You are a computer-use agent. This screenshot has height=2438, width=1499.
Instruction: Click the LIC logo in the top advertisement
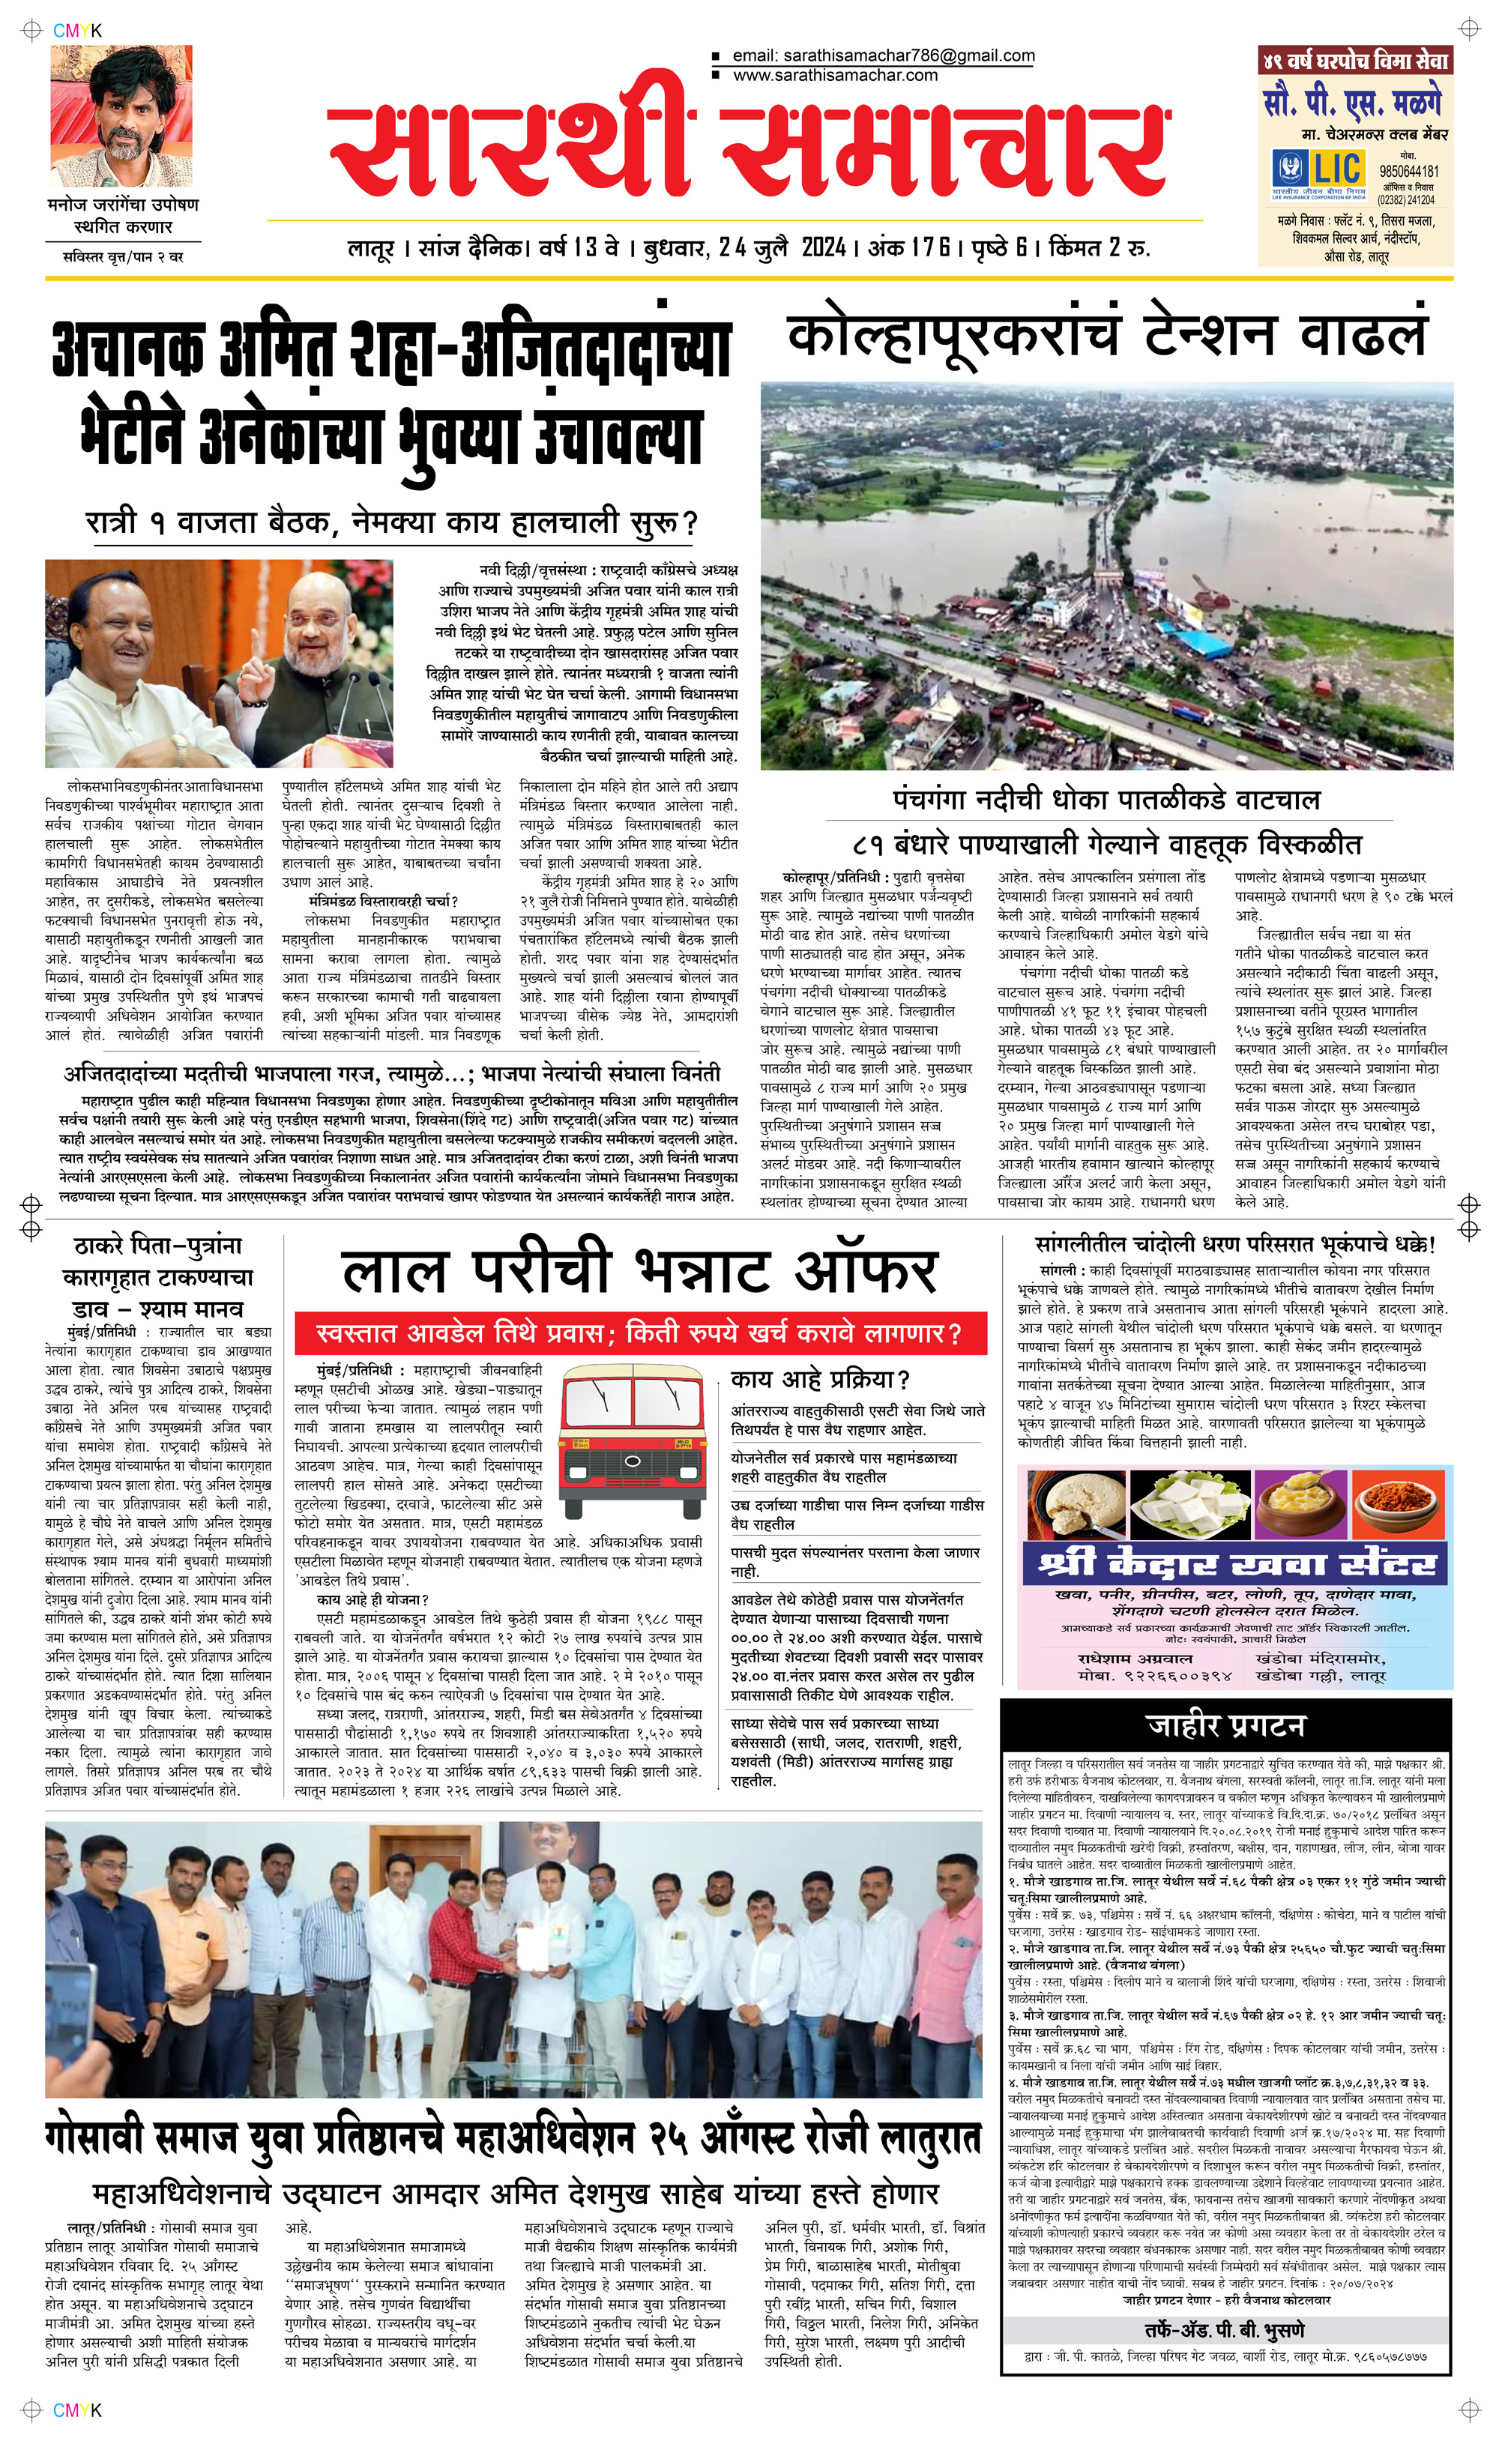(1318, 172)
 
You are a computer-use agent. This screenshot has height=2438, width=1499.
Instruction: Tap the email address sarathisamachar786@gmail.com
(884, 55)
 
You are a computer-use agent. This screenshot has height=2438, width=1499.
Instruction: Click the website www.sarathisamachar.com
(835, 75)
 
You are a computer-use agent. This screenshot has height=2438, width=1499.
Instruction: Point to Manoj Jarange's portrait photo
(121, 116)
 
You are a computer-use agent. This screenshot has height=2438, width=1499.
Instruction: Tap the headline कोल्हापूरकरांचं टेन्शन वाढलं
(1106, 335)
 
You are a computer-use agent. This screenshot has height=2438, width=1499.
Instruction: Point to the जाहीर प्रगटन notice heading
(1225, 1725)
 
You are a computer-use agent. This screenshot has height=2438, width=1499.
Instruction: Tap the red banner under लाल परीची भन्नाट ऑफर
(639, 1333)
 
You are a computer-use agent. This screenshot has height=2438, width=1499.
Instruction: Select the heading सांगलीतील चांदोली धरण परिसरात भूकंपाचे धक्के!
(1235, 1244)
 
